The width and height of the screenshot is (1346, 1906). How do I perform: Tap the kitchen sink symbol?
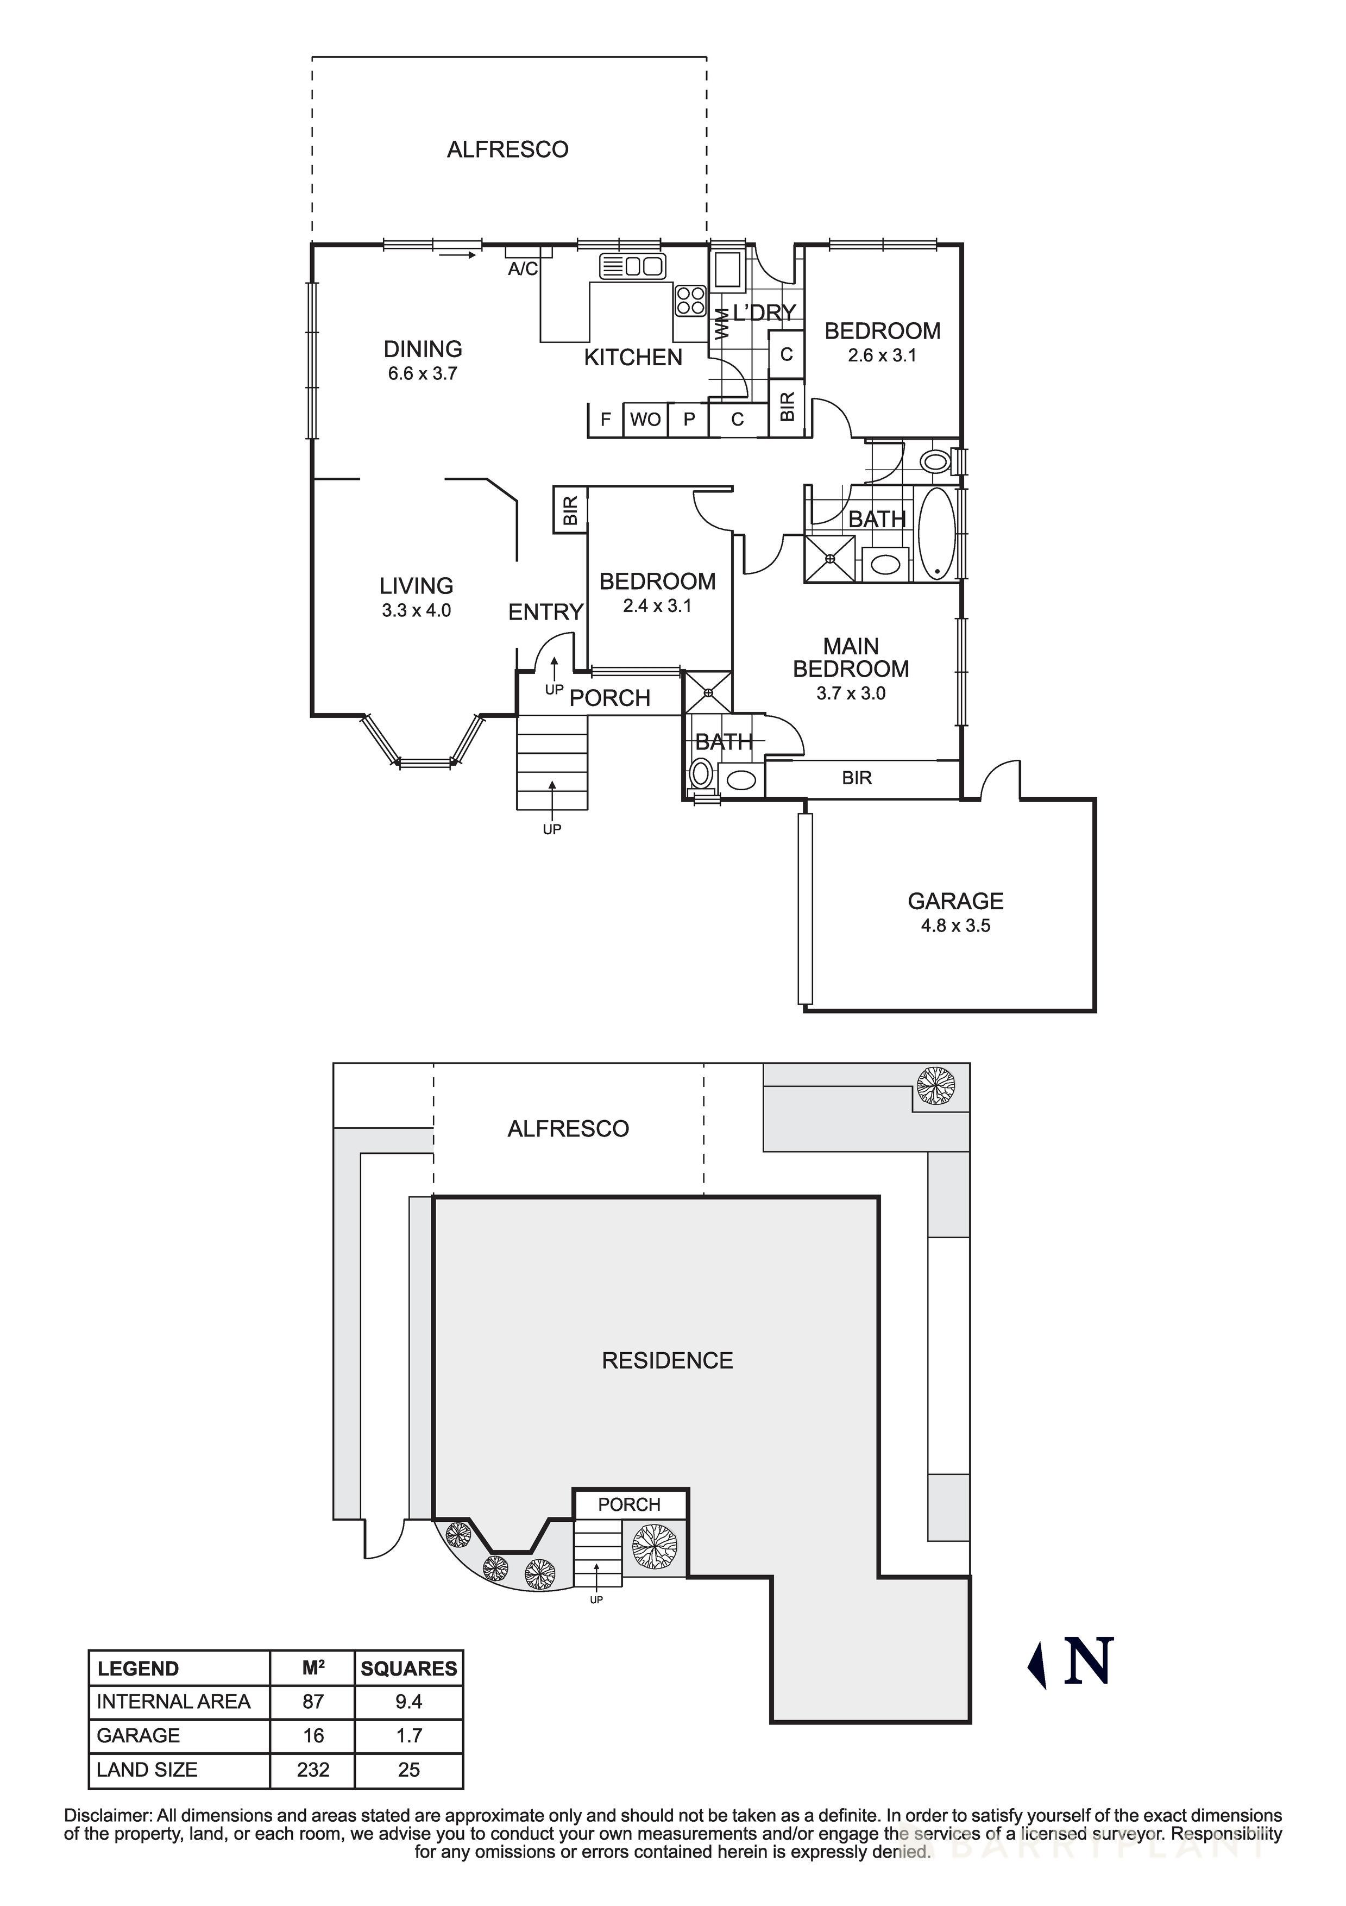pos(632,266)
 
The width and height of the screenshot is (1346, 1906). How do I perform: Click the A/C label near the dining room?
pos(523,269)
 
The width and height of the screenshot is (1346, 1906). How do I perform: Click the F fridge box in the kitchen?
pos(606,419)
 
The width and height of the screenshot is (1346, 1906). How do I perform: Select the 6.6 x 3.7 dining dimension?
pos(423,373)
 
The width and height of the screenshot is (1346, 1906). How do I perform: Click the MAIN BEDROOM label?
pos(851,658)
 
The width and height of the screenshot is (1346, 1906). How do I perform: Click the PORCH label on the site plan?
pos(629,1504)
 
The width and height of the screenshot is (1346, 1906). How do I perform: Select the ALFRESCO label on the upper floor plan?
pos(507,149)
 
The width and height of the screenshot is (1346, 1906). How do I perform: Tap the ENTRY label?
pos(545,612)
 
